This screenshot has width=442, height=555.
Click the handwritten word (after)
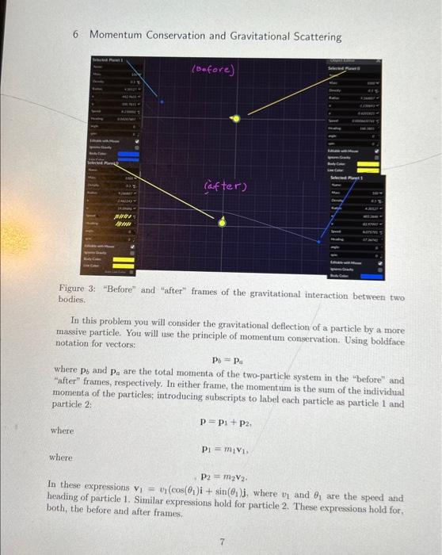(x=226, y=186)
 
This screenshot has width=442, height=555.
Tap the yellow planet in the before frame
(x=234, y=119)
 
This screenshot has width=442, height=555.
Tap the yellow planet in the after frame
(x=222, y=223)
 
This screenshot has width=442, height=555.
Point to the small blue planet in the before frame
(x=162, y=101)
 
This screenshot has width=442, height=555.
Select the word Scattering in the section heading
(x=312, y=36)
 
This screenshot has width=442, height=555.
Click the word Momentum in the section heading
(x=115, y=36)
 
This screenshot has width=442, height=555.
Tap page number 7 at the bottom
(x=223, y=542)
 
